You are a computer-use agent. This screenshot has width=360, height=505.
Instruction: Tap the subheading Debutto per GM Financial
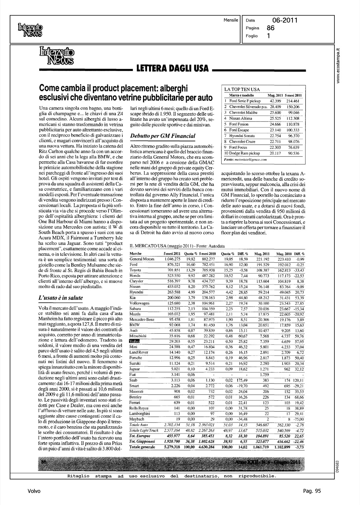tap(158, 136)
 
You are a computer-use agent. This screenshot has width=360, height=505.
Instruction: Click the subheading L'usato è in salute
tap(61, 298)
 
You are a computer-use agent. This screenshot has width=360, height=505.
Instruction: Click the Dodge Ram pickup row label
tap(243, 153)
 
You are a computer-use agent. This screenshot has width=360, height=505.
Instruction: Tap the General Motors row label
tap(142, 259)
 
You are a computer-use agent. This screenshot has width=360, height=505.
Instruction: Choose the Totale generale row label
tap(143, 447)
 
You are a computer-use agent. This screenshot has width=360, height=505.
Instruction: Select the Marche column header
tap(136, 254)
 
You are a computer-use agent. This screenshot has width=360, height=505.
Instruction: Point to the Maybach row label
tap(137, 419)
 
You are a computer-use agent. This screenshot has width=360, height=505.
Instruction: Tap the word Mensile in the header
tap(231, 20)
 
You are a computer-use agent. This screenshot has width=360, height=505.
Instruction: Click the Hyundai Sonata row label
tap(242, 136)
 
